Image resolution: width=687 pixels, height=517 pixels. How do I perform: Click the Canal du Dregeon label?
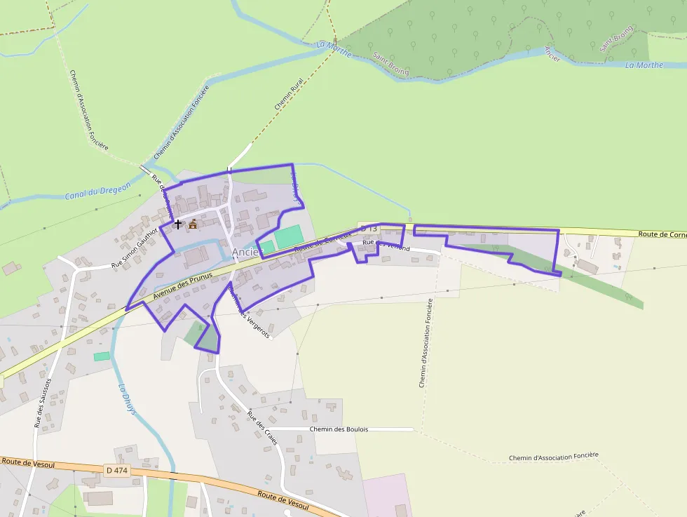(98, 191)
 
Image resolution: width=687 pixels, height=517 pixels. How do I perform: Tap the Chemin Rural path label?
(283, 94)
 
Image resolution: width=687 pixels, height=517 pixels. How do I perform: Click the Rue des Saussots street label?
(43, 403)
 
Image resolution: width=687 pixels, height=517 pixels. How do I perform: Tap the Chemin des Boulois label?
(339, 429)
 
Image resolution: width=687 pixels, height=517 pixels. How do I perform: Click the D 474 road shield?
(116, 469)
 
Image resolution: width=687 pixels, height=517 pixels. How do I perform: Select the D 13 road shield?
(369, 229)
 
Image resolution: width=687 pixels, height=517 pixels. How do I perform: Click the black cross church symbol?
(178, 224)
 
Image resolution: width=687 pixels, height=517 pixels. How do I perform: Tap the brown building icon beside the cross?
(193, 224)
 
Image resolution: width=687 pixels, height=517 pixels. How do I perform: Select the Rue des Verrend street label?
(386, 245)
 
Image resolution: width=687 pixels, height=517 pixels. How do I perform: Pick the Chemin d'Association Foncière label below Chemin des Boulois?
(554, 456)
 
